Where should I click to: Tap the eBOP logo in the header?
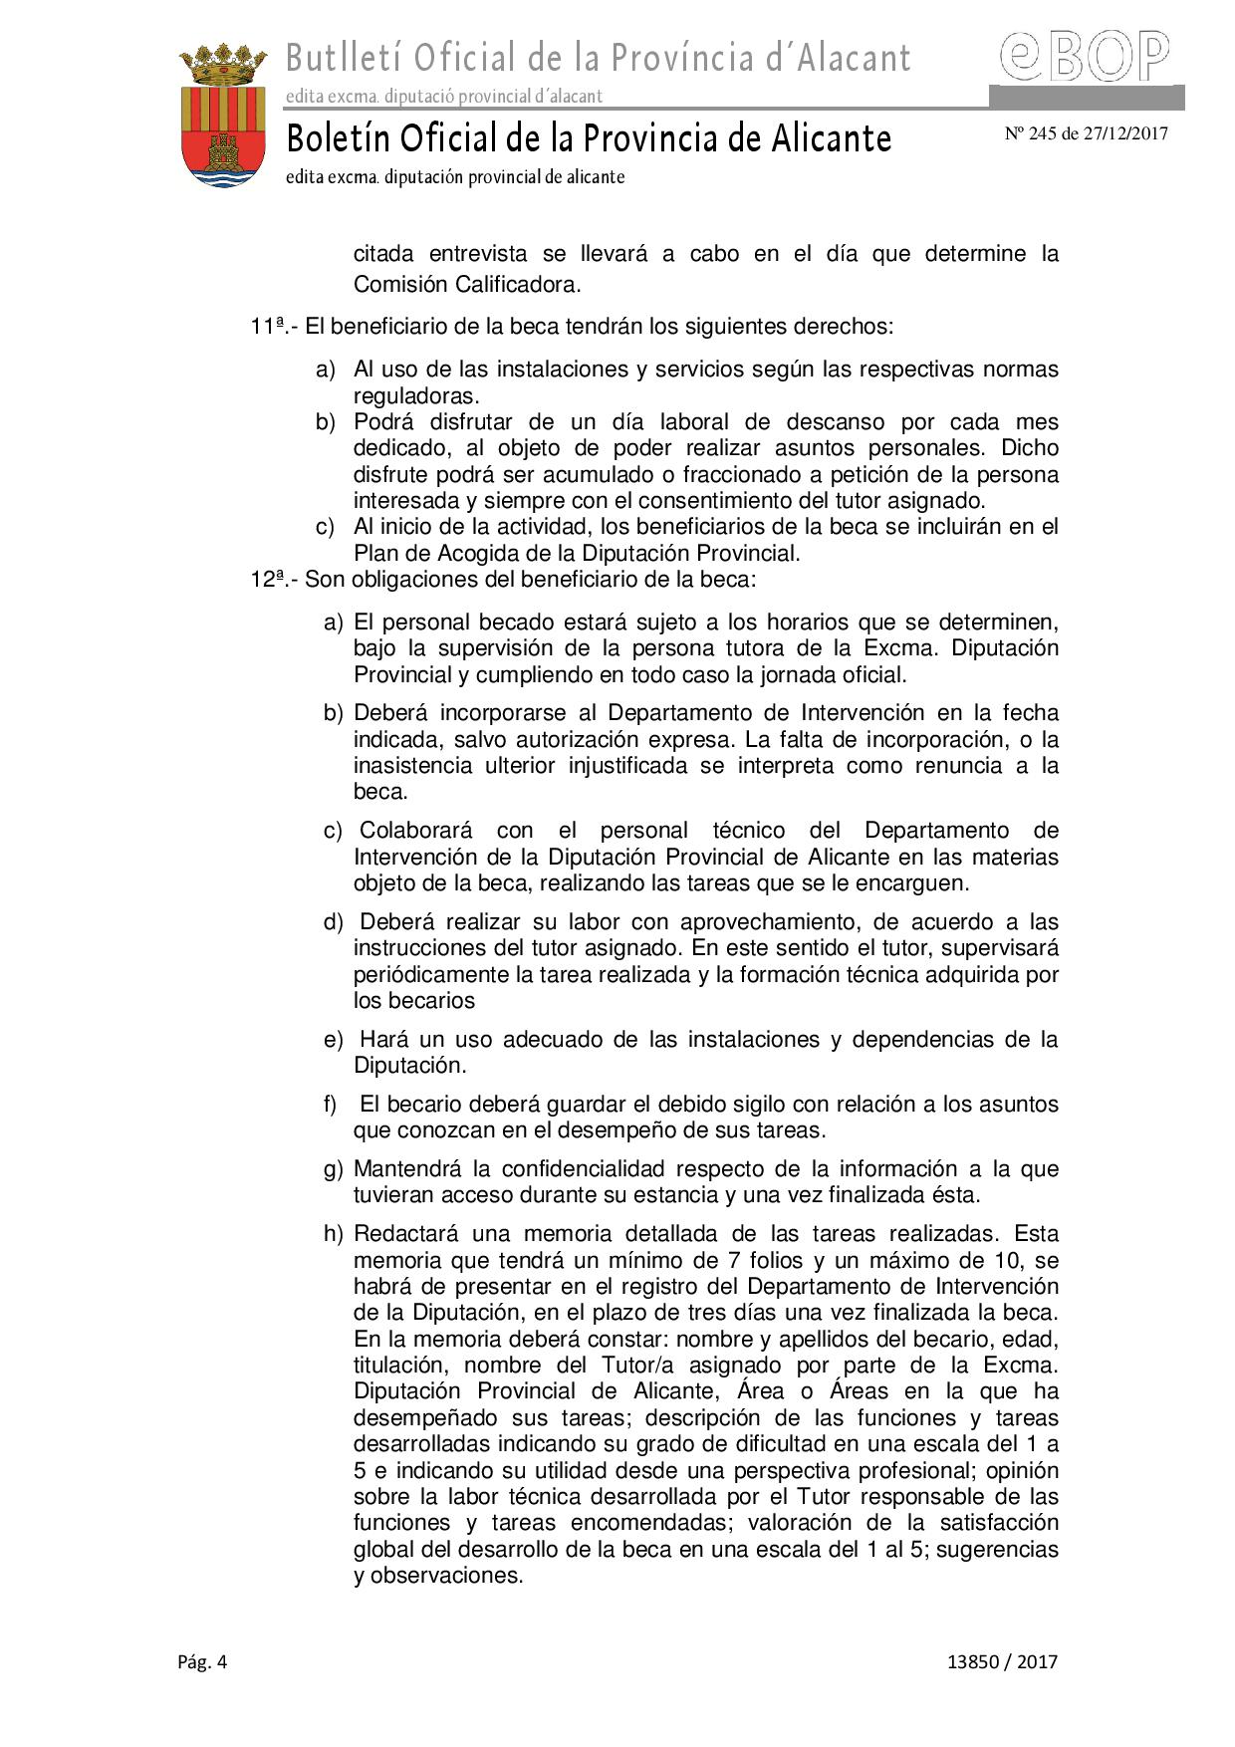coord(1086,57)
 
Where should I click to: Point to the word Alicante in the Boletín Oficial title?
coord(831,138)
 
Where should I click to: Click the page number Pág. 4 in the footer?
coord(203,1661)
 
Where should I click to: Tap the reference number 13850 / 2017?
coord(1003,1661)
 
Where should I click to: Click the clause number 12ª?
coord(269,579)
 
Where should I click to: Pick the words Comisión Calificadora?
coord(466,284)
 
